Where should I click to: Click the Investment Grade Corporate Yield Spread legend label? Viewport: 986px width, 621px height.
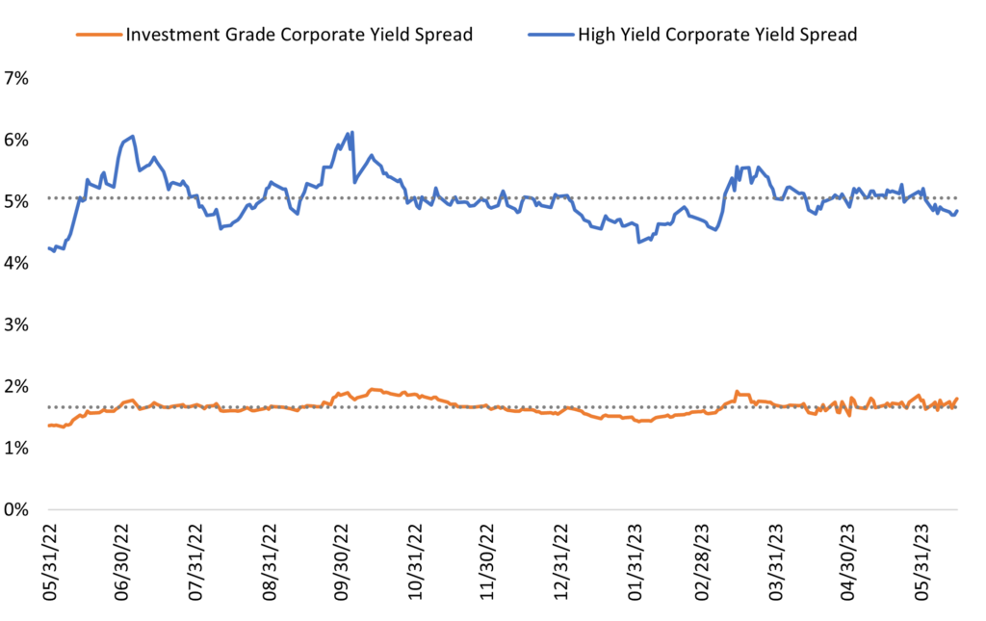[298, 36]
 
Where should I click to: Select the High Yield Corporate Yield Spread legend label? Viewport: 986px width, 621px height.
[716, 36]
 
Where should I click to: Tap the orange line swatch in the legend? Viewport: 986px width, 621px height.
[98, 36]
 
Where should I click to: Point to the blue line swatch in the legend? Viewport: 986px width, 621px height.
[550, 36]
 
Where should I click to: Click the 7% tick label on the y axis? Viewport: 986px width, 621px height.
[17, 79]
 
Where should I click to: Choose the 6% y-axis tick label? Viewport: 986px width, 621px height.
[17, 140]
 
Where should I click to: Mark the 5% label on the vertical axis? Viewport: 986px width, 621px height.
[17, 201]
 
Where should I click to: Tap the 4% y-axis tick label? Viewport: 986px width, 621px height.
[17, 263]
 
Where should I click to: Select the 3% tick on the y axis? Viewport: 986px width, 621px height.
[17, 324]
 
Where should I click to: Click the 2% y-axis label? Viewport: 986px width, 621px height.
[17, 386]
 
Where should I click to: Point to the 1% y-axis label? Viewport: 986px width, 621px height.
[17, 448]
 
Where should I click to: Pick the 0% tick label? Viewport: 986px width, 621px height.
[17, 509]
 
